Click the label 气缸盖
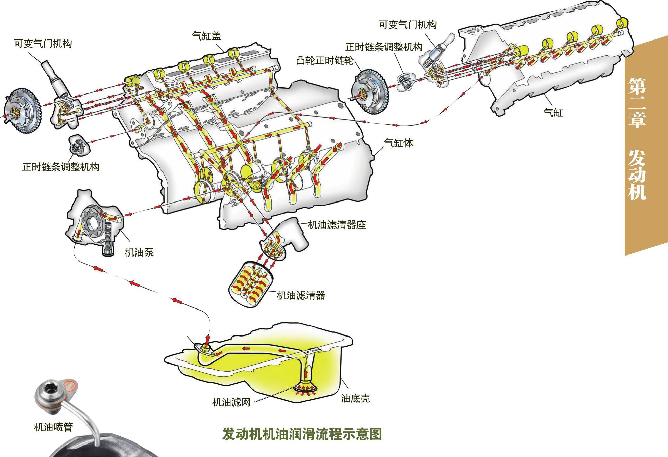coord(206,36)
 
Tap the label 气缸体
coord(398,143)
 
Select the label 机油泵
coord(139,252)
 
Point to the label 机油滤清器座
coord(337,225)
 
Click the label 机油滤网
coord(231,402)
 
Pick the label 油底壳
coord(355,398)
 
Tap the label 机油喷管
coord(53,427)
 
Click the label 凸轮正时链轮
coord(325,61)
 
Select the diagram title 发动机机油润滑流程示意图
coord(302,434)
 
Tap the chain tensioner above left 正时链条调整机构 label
coord(79,146)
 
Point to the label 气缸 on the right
coord(553,112)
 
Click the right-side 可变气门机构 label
coord(407,25)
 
